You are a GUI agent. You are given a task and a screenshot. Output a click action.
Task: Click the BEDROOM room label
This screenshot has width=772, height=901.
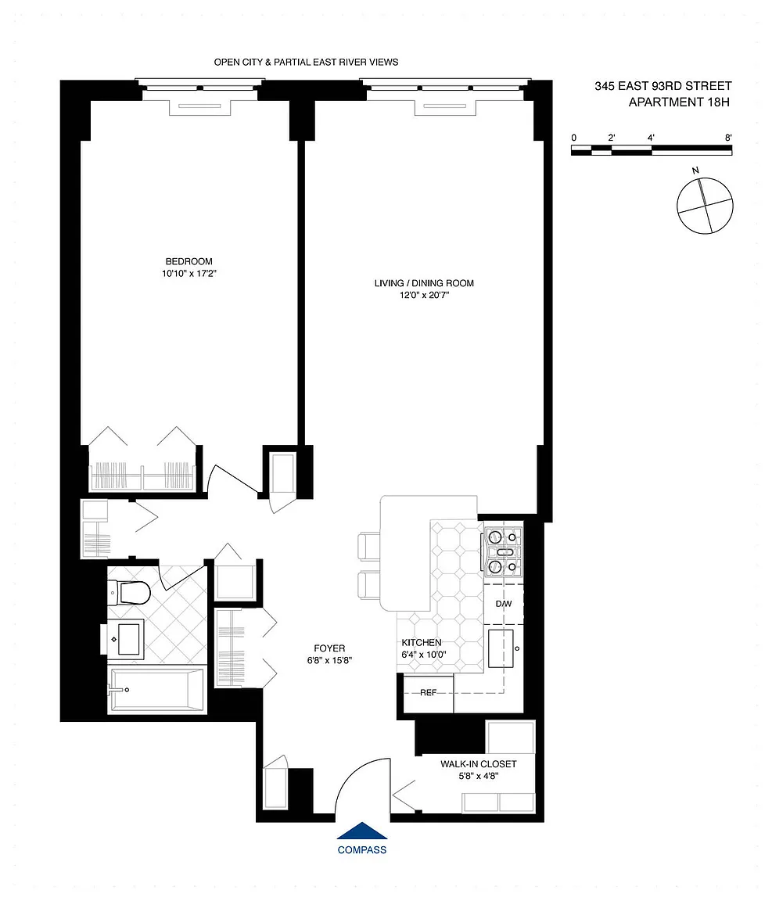pyautogui.click(x=189, y=261)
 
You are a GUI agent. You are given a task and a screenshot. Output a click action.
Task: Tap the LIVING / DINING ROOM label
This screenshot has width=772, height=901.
pyautogui.click(x=424, y=283)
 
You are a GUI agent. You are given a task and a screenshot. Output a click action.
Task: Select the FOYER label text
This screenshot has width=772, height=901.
pyautogui.click(x=329, y=648)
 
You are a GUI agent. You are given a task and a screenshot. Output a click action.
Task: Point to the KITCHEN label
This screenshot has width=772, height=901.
pyautogui.click(x=422, y=643)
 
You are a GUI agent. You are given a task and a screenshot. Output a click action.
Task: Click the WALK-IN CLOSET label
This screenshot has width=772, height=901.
pyautogui.click(x=478, y=764)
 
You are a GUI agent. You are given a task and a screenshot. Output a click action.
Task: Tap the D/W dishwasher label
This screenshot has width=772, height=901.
pyautogui.click(x=504, y=604)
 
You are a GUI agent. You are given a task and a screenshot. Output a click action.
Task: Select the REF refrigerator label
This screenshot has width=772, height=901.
pyautogui.click(x=429, y=693)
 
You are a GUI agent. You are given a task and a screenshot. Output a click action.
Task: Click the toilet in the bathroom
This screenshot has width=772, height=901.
pyautogui.click(x=129, y=592)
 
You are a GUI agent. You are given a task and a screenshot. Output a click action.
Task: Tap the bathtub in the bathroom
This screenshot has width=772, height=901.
pyautogui.click(x=157, y=690)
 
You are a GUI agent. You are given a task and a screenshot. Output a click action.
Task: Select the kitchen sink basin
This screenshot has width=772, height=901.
pyautogui.click(x=501, y=648)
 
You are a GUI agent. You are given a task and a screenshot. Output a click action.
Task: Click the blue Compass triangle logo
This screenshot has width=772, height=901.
pyautogui.click(x=361, y=831)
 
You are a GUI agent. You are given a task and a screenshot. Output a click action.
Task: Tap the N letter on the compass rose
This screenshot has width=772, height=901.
pyautogui.click(x=695, y=171)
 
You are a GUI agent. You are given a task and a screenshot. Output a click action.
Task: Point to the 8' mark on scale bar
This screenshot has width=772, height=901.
pyautogui.click(x=728, y=138)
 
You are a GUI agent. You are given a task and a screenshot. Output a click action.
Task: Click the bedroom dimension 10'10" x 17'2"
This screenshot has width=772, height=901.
pyautogui.click(x=189, y=274)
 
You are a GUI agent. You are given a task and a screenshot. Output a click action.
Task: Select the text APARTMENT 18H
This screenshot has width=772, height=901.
pyautogui.click(x=679, y=102)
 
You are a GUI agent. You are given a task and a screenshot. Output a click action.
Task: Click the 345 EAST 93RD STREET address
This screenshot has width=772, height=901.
pyautogui.click(x=663, y=86)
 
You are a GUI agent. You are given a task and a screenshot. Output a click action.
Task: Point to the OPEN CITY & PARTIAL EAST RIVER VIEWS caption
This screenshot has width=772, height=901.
pyautogui.click(x=306, y=62)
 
